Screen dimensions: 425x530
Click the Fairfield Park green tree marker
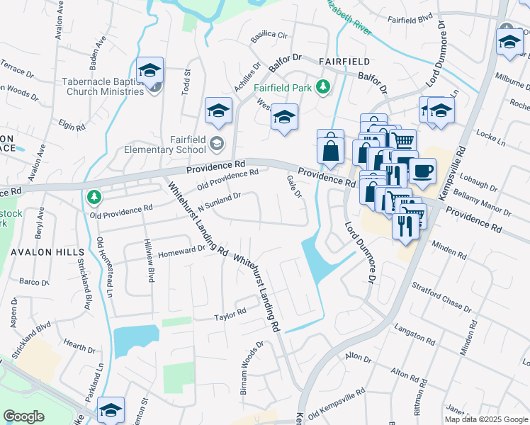324,86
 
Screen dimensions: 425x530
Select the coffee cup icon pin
422,171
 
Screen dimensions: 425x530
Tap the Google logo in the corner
23,416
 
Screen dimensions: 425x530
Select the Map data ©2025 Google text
485,419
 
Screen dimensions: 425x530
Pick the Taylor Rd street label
230,312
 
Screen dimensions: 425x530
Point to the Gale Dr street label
294,188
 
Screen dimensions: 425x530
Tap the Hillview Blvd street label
150,251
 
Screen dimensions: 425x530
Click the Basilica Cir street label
268,35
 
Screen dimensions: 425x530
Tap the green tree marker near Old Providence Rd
94,196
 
